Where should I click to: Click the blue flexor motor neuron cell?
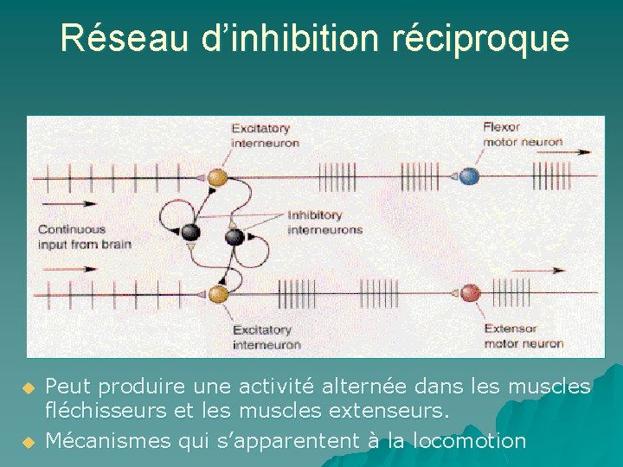(468, 176)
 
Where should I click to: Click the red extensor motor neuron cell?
(470, 293)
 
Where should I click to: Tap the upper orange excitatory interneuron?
(218, 177)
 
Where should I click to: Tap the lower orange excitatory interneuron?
(218, 293)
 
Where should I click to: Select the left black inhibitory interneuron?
(190, 232)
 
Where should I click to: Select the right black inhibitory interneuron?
(233, 236)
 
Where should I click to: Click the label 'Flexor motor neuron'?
(522, 135)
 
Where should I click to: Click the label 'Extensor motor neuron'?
(523, 336)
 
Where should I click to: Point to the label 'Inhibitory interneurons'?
(324, 222)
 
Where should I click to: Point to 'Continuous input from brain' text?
(84, 237)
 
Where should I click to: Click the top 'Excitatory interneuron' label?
(265, 136)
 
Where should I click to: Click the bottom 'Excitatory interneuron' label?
(267, 336)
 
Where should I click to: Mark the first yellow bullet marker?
(28, 387)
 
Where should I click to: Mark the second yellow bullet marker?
(28, 442)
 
